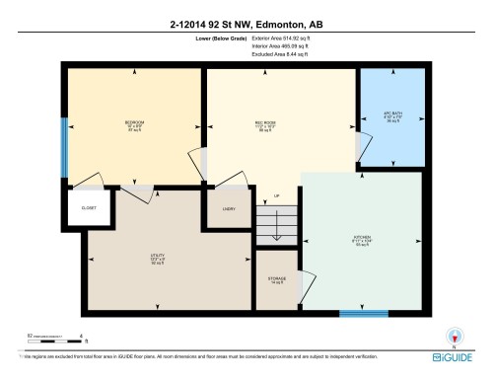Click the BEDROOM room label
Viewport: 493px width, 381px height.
coord(135,122)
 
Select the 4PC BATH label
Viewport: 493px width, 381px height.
coord(391,114)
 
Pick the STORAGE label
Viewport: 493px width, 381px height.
coord(277,279)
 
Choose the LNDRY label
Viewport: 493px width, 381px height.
coord(229,209)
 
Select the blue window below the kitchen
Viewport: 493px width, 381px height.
coord(363,314)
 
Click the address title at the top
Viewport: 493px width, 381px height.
coord(246,22)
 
